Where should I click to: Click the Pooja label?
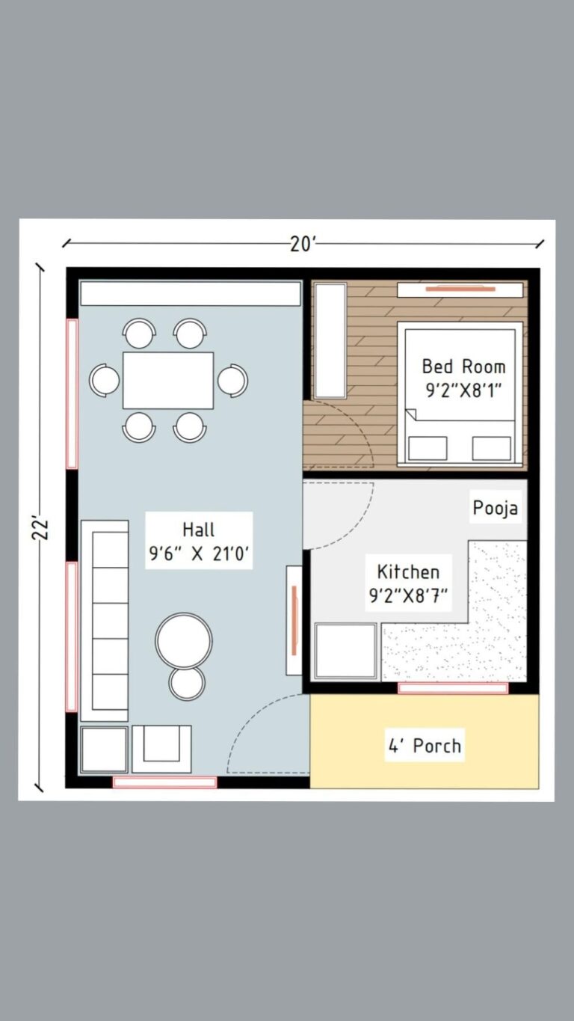[x=496, y=509]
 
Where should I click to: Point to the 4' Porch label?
[x=424, y=746]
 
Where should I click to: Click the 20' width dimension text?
[x=303, y=243]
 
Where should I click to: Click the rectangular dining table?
[x=168, y=380]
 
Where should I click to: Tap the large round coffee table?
[x=184, y=640]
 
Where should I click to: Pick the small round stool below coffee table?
[x=187, y=683]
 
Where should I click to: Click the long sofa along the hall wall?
[x=105, y=621]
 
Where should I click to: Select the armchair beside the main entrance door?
[x=161, y=748]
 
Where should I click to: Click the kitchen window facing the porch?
[x=453, y=688]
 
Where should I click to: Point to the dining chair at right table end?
[x=233, y=380]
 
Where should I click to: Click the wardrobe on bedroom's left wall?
[x=330, y=340]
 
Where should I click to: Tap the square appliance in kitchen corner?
[x=345, y=651]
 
